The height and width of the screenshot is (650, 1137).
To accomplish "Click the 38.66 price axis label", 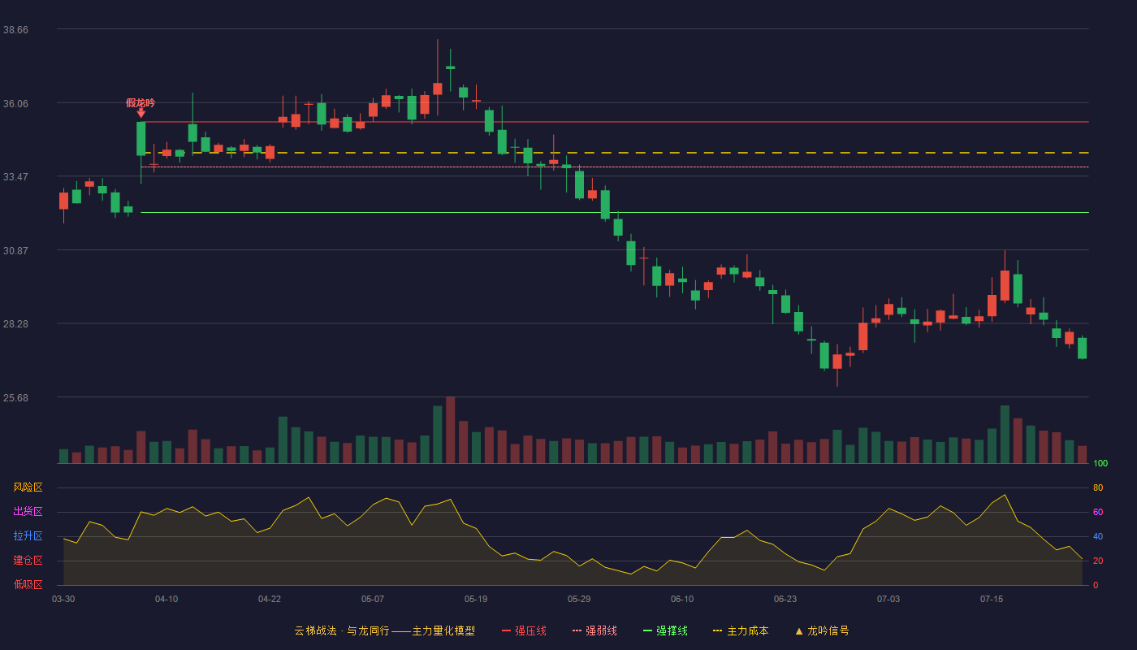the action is point(15,30).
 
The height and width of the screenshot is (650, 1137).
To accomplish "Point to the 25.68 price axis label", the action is point(15,397).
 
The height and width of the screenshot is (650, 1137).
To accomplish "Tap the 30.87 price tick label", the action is point(15,251).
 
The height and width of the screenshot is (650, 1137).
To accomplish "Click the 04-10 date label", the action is point(166,600).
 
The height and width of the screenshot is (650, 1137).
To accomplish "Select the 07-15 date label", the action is point(992,600).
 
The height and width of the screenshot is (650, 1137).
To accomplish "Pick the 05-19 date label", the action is point(476,600).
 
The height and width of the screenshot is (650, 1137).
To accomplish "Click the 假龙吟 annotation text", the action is point(141,103).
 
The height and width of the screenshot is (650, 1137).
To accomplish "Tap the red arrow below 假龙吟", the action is point(141,113).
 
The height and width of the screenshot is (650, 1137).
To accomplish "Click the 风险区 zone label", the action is point(28,487).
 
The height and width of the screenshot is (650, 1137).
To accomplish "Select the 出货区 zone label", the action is point(28,511).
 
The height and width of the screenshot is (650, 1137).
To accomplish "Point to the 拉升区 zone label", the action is point(28,535).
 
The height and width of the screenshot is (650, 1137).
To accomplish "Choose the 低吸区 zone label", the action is point(28,584).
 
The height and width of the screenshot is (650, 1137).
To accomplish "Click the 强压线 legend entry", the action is point(524,630).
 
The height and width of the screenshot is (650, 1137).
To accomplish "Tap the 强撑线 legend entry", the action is point(665,630).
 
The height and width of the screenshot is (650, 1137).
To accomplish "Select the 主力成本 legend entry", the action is point(741,630).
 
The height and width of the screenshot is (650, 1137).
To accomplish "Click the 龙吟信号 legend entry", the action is point(822,630).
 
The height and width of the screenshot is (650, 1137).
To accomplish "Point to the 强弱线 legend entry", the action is point(594,630).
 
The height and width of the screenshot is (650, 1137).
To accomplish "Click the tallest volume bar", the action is point(450,430).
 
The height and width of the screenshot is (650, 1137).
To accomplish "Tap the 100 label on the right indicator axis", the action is point(1100,463).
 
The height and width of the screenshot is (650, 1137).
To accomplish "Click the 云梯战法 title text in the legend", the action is point(315,630).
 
